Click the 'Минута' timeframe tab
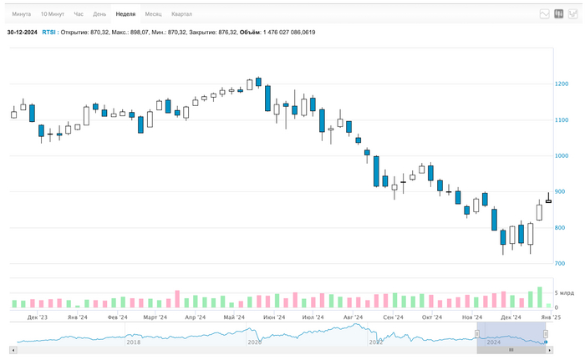click(x=22, y=14)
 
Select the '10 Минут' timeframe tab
click(x=52, y=14)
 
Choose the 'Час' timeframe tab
click(x=79, y=14)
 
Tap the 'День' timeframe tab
click(x=99, y=14)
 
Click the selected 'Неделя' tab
click(x=125, y=14)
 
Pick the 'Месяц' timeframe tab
click(x=153, y=14)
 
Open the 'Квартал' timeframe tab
click(x=181, y=14)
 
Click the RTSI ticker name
click(x=48, y=32)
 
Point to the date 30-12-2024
click(x=22, y=32)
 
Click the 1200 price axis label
click(x=561, y=84)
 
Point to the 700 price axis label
click(x=561, y=264)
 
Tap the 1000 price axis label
click(x=561, y=156)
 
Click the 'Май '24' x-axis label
click(x=234, y=318)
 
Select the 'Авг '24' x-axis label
click(x=353, y=318)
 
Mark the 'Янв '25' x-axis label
click(x=550, y=318)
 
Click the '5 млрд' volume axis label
click(x=564, y=294)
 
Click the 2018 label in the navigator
click(x=133, y=342)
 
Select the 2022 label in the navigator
click(x=376, y=342)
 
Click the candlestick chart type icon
click(x=559, y=14)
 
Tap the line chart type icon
click(x=545, y=14)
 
